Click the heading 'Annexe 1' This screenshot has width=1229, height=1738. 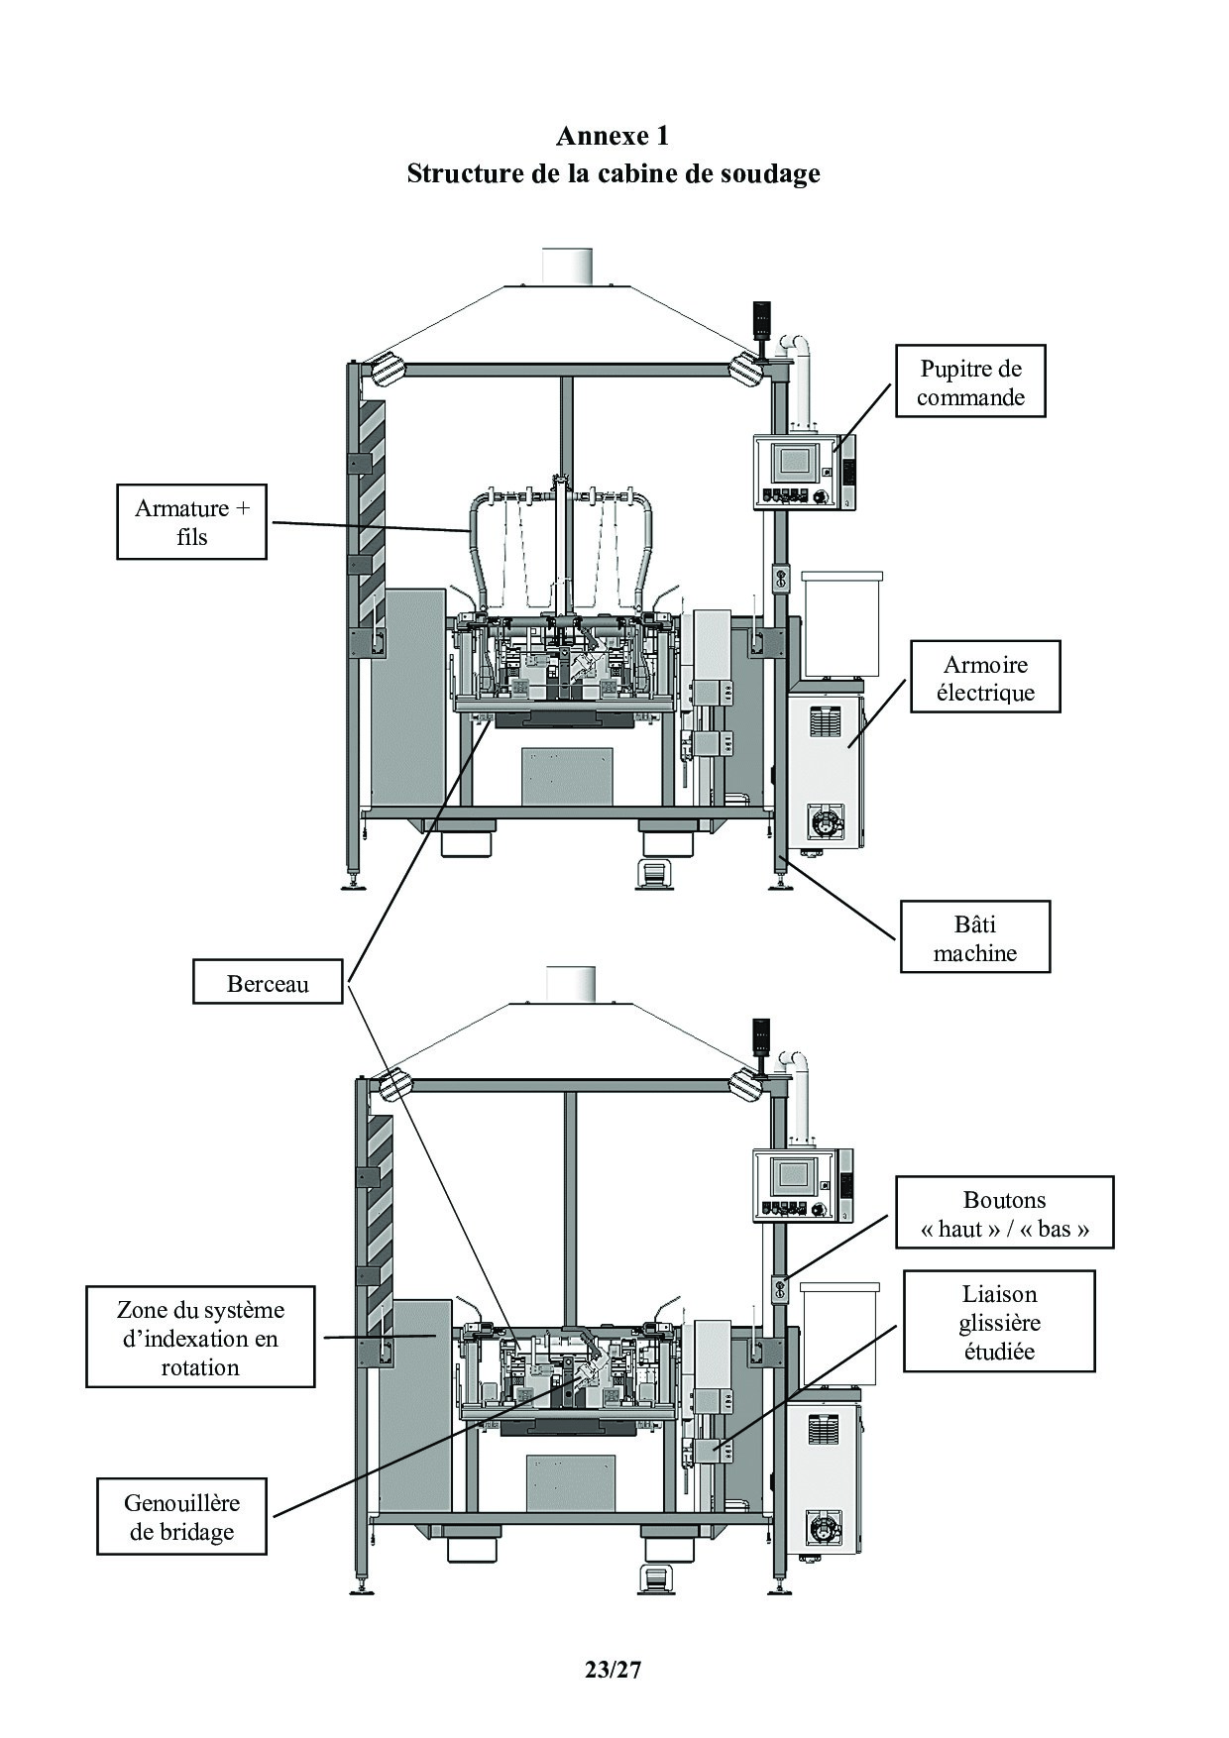click(613, 135)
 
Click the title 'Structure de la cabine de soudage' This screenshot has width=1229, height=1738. click(613, 173)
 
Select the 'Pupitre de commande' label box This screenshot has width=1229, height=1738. click(970, 381)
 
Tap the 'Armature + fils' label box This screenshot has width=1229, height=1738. click(192, 521)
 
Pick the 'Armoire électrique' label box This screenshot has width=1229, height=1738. click(985, 677)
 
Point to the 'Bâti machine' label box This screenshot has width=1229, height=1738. click(974, 937)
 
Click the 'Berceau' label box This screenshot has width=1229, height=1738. click(268, 983)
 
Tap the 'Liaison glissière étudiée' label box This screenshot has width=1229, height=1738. click(999, 1322)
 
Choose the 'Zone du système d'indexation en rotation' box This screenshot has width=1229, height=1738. click(200, 1337)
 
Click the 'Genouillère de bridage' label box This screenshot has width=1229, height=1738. click(181, 1516)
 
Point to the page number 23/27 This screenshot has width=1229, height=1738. click(614, 1670)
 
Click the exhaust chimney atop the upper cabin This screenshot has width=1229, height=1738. click(568, 266)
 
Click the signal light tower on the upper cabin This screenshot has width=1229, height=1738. click(761, 317)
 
